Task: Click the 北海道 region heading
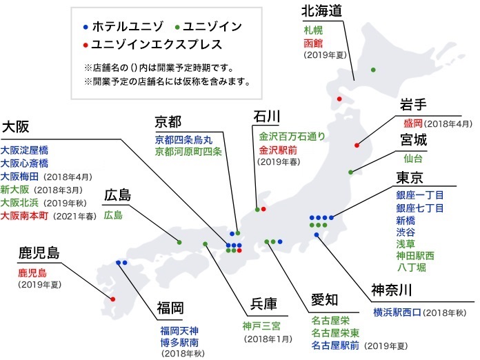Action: pyautogui.click(x=321, y=11)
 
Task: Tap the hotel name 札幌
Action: pyautogui.click(x=313, y=30)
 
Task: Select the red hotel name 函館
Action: pyautogui.click(x=313, y=43)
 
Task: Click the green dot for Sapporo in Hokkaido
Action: pyautogui.click(x=373, y=70)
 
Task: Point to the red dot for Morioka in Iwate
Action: pyautogui.click(x=357, y=145)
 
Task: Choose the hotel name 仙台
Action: pyautogui.click(x=413, y=159)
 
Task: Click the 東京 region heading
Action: pyautogui.click(x=410, y=177)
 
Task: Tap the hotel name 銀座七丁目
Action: pyautogui.click(x=420, y=208)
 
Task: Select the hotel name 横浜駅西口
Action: pyautogui.click(x=397, y=312)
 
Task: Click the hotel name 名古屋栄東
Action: pyautogui.click(x=335, y=332)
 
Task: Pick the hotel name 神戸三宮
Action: pyautogui.click(x=261, y=326)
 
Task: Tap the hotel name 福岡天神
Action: pyautogui.click(x=179, y=330)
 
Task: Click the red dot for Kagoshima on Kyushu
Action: pyautogui.click(x=112, y=299)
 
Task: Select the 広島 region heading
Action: pyautogui.click(x=117, y=195)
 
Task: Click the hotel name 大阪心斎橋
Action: pyautogui.click(x=24, y=163)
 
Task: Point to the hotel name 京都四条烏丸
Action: pyautogui.click(x=183, y=140)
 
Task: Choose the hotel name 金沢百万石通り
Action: pyautogui.click(x=292, y=137)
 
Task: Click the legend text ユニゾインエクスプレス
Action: pyautogui.click(x=157, y=44)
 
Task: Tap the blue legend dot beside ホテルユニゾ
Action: pyautogui.click(x=86, y=28)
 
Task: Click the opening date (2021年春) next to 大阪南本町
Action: pyautogui.click(x=74, y=217)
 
